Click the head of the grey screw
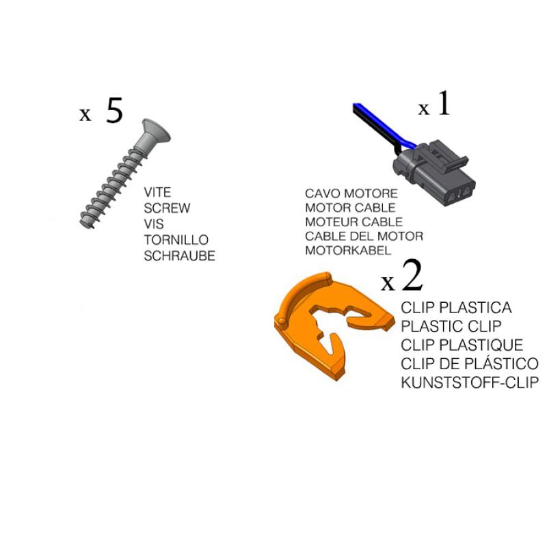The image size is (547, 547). coord(156,131)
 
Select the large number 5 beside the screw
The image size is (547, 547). coord(114,111)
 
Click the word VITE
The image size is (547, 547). coord(157,192)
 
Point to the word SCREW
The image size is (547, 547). coord(167,209)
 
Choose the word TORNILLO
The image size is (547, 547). coord(176,240)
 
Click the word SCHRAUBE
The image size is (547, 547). coord(179,256)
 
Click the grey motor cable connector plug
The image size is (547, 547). coord(434,174)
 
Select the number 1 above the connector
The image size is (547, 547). coord(444,103)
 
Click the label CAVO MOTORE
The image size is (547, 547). coord(351,194)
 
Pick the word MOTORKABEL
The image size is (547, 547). coord(348,250)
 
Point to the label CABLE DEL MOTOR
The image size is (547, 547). coord(364,236)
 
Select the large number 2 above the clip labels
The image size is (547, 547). coord(412,276)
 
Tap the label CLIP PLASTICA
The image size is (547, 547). coord(456,308)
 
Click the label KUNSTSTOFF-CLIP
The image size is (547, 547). coord(470,383)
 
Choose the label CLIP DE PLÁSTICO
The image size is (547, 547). coord(470,364)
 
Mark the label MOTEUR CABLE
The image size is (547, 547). coord(353,222)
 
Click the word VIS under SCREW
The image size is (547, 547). coord(154,224)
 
